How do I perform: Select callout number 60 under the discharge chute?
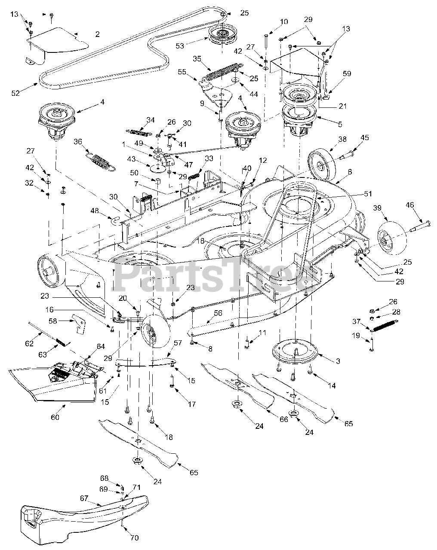pos(55,417)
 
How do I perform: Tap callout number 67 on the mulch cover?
pos(84,498)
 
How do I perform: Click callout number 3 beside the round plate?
pos(338,362)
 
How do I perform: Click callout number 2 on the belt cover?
pos(97,34)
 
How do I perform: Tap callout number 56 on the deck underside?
pos(218,313)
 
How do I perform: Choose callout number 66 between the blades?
pos(284,419)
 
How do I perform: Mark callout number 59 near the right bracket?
pos(347,73)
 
